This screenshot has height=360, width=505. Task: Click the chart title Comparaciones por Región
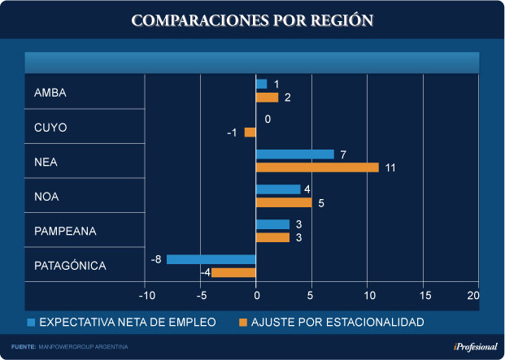[252, 21]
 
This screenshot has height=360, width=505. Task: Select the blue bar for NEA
[294, 154]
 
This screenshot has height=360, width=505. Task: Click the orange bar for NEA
[317, 167]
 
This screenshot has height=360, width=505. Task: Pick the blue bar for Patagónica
[211, 259]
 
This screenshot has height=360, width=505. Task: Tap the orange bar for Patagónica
[233, 272]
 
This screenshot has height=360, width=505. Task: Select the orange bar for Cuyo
[250, 132]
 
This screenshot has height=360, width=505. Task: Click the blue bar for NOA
[278, 189]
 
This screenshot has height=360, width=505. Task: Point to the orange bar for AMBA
[267, 98]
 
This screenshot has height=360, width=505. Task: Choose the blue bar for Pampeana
[272, 224]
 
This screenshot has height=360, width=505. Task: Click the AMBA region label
[50, 93]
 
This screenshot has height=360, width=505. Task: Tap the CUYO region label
[50, 128]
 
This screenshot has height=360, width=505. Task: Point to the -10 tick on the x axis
[145, 295]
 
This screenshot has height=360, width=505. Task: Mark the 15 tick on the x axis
[424, 295]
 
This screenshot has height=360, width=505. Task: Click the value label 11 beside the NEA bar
[390, 168]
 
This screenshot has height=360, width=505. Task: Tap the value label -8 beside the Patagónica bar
[156, 259]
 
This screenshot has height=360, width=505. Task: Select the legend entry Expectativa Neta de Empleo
[122, 323]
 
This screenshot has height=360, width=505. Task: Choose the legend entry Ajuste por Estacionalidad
[331, 323]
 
